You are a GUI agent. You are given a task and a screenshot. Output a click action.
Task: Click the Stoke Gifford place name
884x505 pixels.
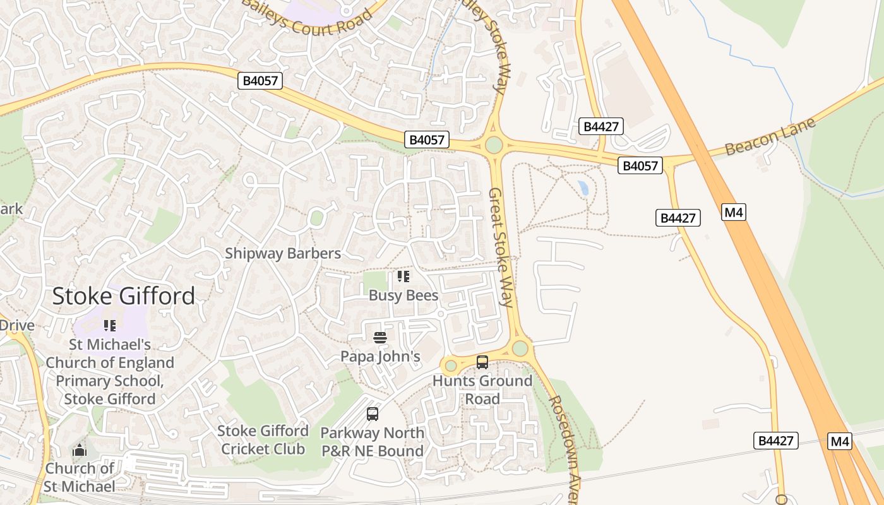tap(124, 296)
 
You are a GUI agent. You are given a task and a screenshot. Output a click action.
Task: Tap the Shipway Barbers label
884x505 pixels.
tap(283, 254)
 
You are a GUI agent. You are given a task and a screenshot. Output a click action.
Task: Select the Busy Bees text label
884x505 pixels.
tap(403, 295)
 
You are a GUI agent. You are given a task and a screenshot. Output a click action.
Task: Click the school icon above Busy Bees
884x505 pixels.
tap(403, 276)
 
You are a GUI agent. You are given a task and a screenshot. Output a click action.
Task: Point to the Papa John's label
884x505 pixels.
tap(380, 357)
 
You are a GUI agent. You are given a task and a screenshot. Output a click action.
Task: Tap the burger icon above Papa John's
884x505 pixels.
tap(379, 338)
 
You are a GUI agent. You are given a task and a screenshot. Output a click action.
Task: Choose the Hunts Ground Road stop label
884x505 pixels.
tap(482, 389)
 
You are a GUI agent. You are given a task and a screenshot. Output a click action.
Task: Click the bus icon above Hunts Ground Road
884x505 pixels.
tap(482, 362)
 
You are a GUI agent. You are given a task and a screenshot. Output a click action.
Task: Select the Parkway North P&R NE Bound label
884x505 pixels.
tap(372, 442)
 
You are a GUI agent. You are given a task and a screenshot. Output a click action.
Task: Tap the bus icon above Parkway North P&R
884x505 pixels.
tap(373, 414)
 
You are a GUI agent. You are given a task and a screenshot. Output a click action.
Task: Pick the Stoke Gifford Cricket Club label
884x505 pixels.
tap(263, 440)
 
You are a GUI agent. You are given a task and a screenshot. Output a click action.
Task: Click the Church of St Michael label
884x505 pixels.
tap(80, 477)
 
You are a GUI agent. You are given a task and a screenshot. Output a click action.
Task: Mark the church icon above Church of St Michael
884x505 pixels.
tap(80, 451)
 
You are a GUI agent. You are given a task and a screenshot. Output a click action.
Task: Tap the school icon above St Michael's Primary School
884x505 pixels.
tap(110, 326)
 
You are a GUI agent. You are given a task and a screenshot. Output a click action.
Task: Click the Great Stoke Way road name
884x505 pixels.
tap(503, 247)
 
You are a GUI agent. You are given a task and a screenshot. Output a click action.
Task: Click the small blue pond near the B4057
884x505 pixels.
tap(583, 187)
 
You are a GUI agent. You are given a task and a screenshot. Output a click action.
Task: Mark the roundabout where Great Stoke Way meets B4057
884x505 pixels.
tap(494, 145)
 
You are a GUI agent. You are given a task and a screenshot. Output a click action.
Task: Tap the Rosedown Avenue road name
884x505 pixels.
tap(564, 449)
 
